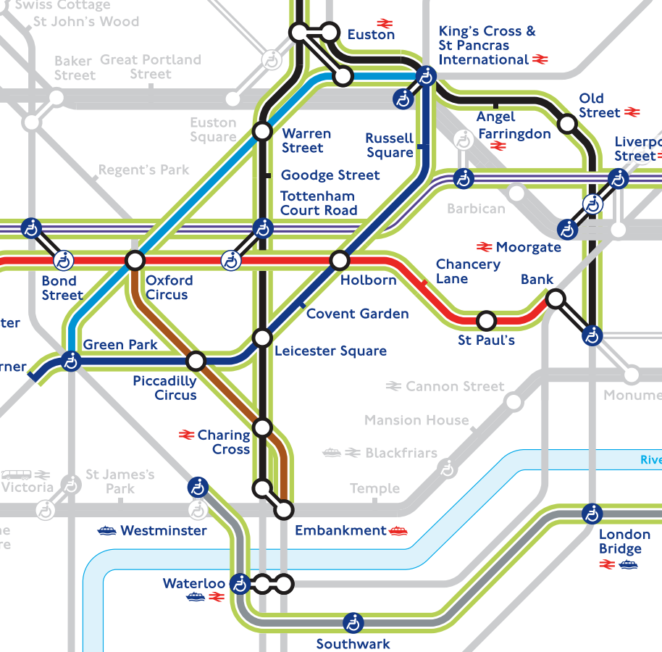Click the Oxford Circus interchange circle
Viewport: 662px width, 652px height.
[x=135, y=259]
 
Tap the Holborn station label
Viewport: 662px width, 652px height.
[x=369, y=280]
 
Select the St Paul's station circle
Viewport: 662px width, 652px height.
[x=487, y=319]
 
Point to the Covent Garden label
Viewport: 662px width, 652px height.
[x=357, y=314]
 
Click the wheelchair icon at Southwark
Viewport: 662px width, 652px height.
[x=353, y=622]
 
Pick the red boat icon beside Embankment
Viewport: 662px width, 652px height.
[x=398, y=530]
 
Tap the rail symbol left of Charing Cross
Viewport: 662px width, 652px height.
[x=186, y=435]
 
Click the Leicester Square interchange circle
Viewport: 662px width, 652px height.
[x=262, y=338]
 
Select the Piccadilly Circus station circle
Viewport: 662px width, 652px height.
[x=196, y=361]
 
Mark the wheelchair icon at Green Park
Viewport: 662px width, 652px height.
[x=70, y=360]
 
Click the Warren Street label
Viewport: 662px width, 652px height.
[x=306, y=141]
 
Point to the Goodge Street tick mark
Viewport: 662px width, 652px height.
[x=267, y=175]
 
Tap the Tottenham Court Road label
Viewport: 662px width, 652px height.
[x=318, y=203]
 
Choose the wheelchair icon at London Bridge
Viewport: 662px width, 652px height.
[x=592, y=514]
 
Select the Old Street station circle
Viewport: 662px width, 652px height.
[x=568, y=124]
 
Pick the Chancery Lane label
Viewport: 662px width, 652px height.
[x=467, y=272]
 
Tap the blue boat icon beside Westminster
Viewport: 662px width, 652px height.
[x=107, y=531]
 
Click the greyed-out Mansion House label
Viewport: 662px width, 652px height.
[x=416, y=420]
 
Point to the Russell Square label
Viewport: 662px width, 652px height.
[x=390, y=145]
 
